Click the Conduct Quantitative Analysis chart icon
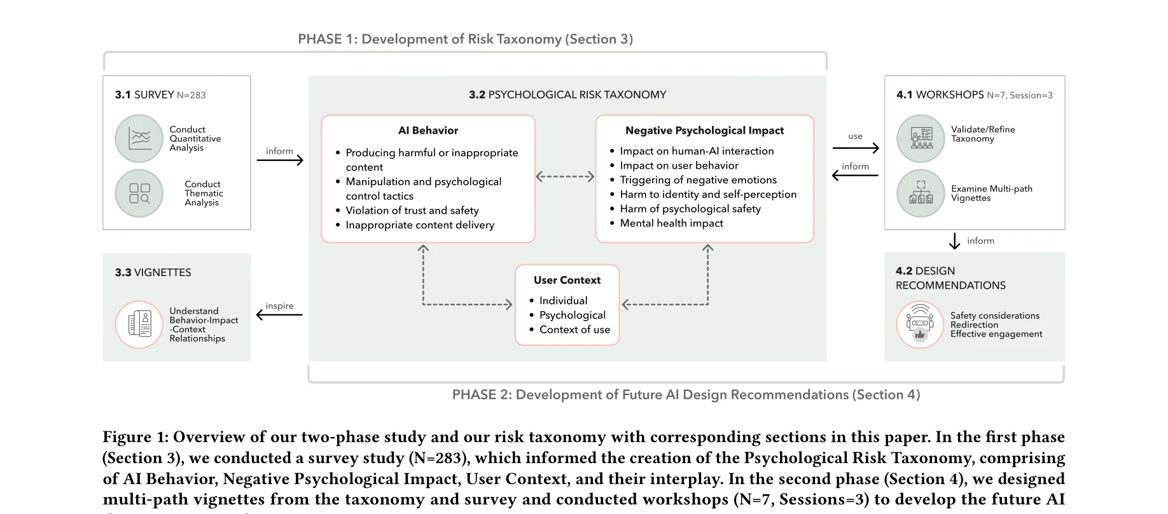[x=139, y=139]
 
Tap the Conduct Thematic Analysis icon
[x=139, y=193]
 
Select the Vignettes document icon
[x=139, y=324]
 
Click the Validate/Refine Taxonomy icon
[x=921, y=139]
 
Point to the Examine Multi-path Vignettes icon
[x=921, y=193]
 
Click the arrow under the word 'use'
[x=856, y=148]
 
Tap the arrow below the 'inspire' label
[x=279, y=314]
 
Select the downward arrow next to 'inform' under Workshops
[x=954, y=241]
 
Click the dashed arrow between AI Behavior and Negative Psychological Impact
[x=565, y=177]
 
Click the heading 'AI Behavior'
[x=428, y=130]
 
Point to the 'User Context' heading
[x=567, y=280]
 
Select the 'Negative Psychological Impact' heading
[x=704, y=130]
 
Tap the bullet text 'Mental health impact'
[x=671, y=223]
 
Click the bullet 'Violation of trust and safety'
[x=412, y=211]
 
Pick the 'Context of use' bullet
[x=574, y=330]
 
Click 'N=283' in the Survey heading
[x=191, y=95]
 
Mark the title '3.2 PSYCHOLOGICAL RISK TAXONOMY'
[x=567, y=95]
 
